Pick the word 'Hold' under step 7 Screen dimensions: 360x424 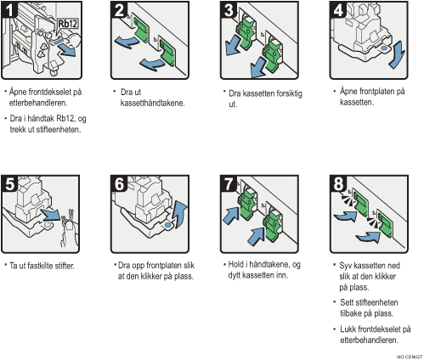click(240, 265)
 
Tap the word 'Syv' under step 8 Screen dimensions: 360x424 click(346, 265)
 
